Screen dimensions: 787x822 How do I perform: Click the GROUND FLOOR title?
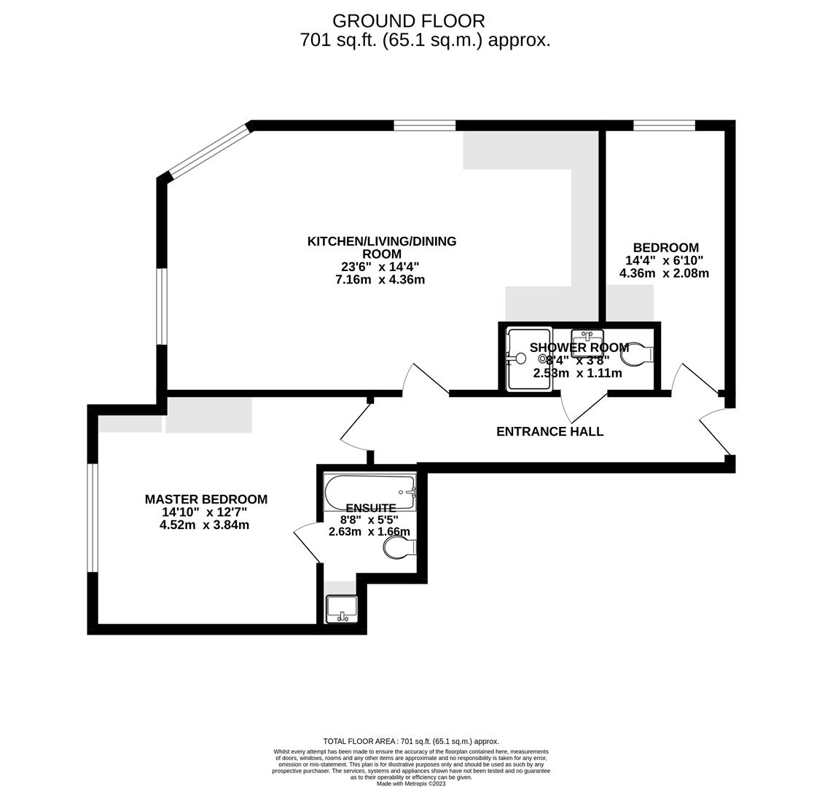pyautogui.click(x=408, y=21)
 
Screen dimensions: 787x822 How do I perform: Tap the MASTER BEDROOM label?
pyautogui.click(x=205, y=499)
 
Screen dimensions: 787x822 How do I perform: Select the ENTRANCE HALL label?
pyautogui.click(x=549, y=431)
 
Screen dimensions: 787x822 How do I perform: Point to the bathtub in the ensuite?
pyautogui.click(x=369, y=492)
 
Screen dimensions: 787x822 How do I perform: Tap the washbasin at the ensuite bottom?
pyautogui.click(x=342, y=608)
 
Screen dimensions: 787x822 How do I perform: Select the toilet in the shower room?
pyautogui.click(x=637, y=354)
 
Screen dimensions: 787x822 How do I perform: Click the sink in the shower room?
pyautogui.click(x=587, y=340)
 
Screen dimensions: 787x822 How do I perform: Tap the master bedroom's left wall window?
pyautogui.click(x=93, y=517)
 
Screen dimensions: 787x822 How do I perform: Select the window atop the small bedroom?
pyautogui.click(x=664, y=125)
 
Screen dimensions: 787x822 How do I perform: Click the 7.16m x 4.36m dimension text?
pyautogui.click(x=380, y=280)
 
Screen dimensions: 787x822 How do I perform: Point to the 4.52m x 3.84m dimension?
pyautogui.click(x=204, y=525)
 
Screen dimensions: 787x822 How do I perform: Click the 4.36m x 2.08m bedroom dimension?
pyautogui.click(x=664, y=273)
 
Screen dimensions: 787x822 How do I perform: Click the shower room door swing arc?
pyautogui.click(x=583, y=408)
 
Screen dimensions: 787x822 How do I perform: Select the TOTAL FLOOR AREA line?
pyautogui.click(x=411, y=741)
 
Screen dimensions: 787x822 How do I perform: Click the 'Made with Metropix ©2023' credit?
pyautogui.click(x=411, y=783)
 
